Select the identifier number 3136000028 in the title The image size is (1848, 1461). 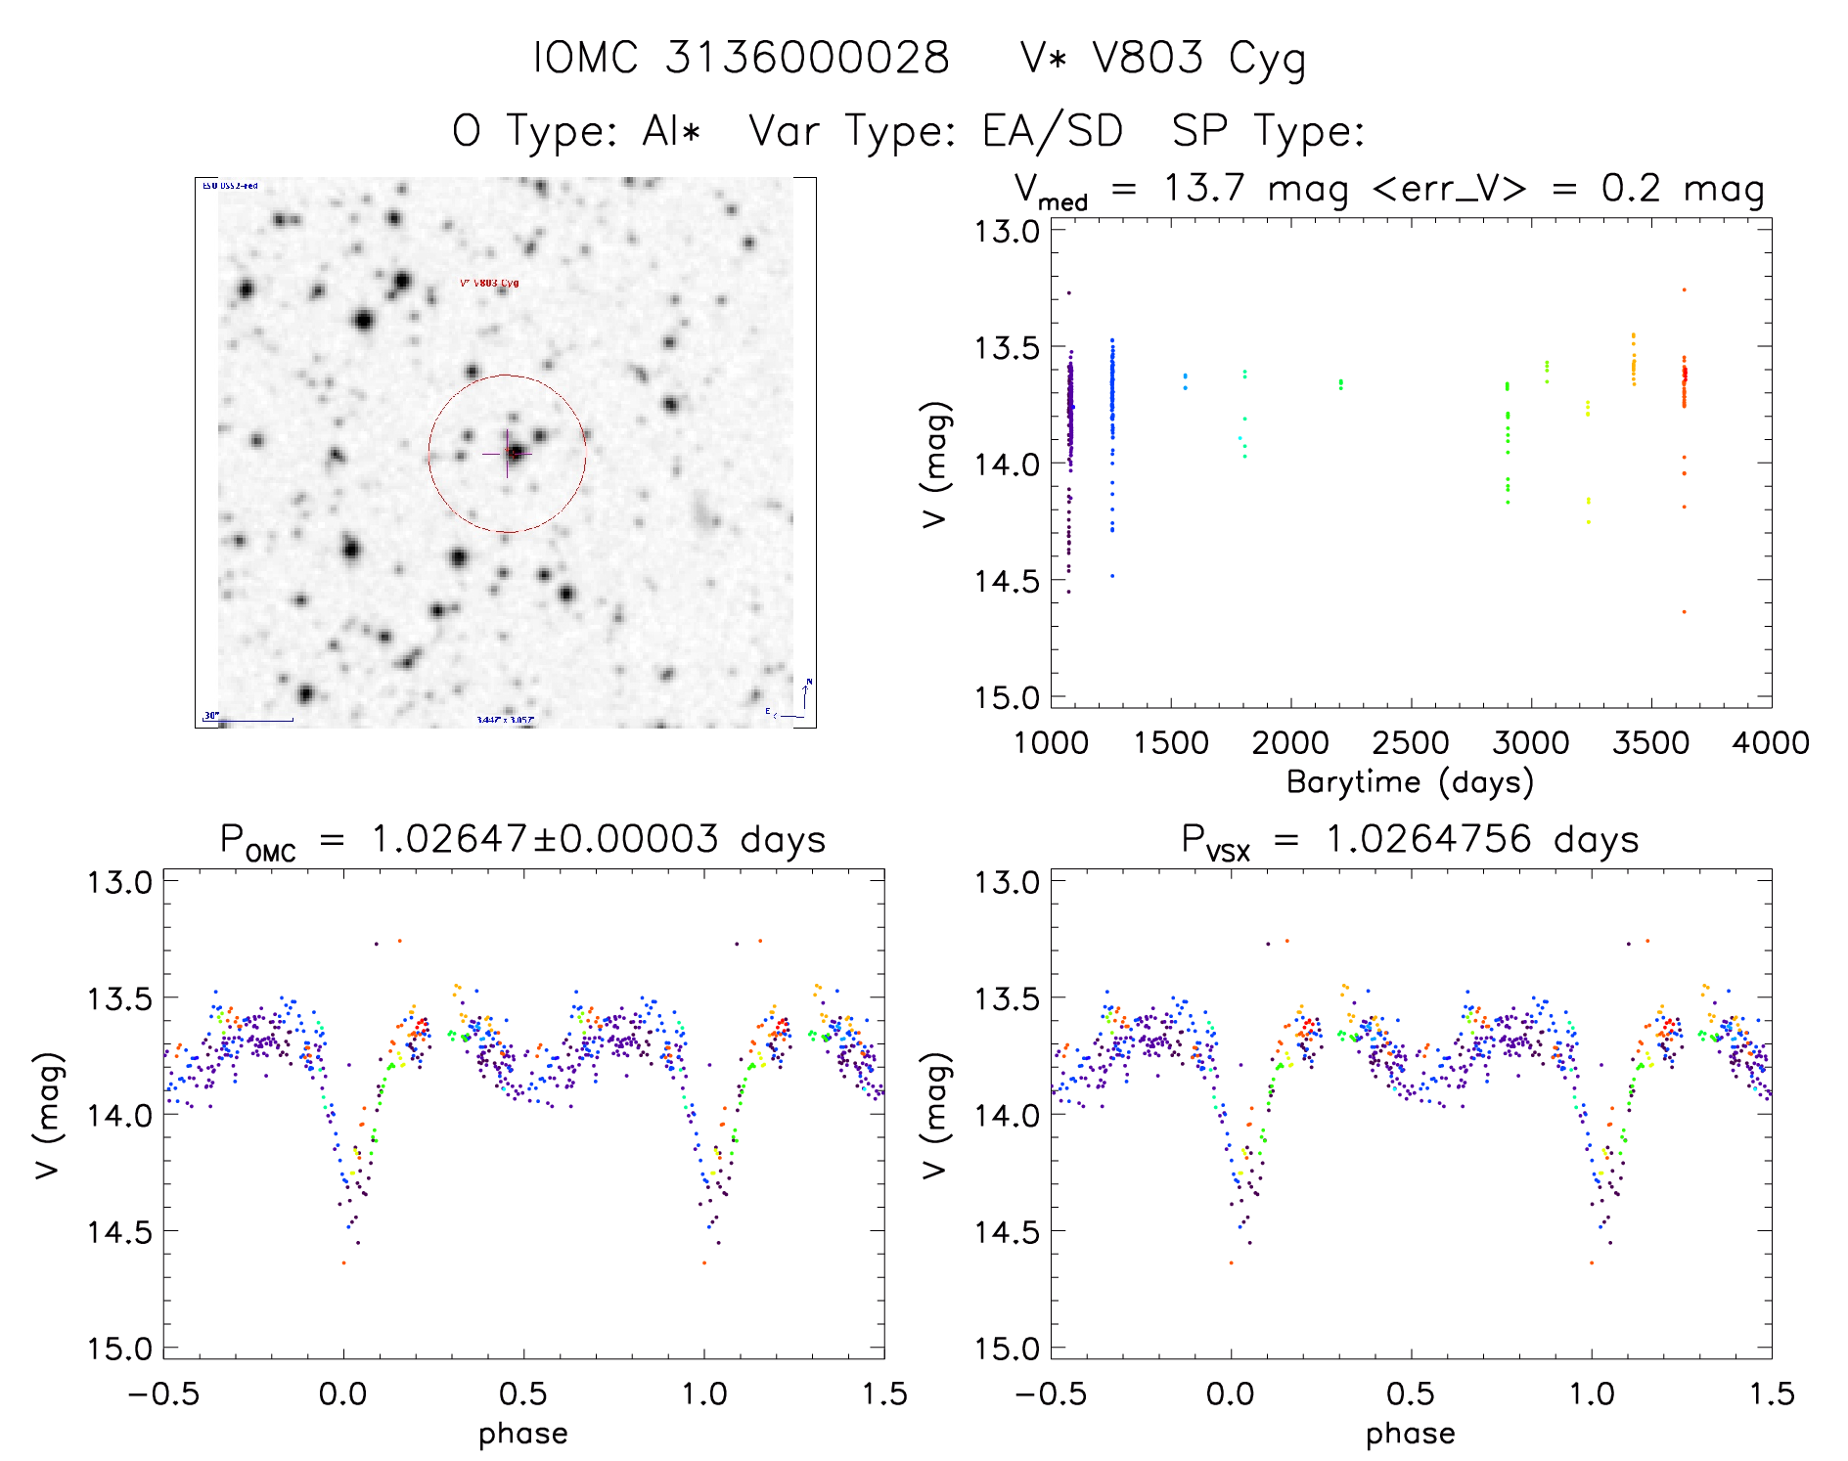pyautogui.click(x=807, y=59)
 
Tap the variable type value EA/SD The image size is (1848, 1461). pyautogui.click(x=1053, y=131)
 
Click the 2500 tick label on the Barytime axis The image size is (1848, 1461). pyautogui.click(x=1411, y=743)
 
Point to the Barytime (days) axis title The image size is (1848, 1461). pyautogui.click(x=1410, y=782)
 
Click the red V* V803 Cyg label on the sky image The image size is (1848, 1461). pyautogui.click(x=489, y=284)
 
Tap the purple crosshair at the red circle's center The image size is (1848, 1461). pyautogui.click(x=507, y=454)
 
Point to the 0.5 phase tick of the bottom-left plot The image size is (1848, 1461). pyautogui.click(x=523, y=1395)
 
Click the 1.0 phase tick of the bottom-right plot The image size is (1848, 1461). pyautogui.click(x=1592, y=1395)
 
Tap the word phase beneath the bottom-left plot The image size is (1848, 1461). pyautogui.click(x=523, y=1434)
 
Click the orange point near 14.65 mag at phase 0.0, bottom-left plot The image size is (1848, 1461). pyautogui.click(x=343, y=1263)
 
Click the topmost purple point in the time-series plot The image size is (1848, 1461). pyautogui.click(x=1069, y=293)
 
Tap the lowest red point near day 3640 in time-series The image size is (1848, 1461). pyautogui.click(x=1684, y=612)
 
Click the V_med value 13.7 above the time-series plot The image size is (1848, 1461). pyautogui.click(x=1204, y=189)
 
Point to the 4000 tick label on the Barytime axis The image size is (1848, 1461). pyautogui.click(x=1771, y=743)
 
